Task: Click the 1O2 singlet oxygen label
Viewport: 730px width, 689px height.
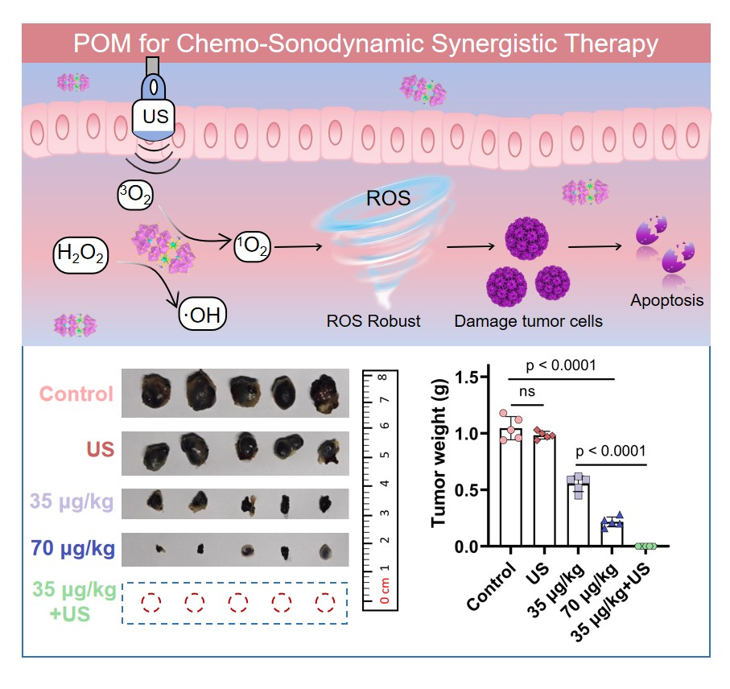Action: click(x=252, y=249)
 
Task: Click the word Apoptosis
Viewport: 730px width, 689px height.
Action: click(x=667, y=301)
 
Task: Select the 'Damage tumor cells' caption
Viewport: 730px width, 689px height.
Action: click(x=529, y=321)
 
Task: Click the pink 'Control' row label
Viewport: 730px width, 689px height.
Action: click(x=76, y=394)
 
